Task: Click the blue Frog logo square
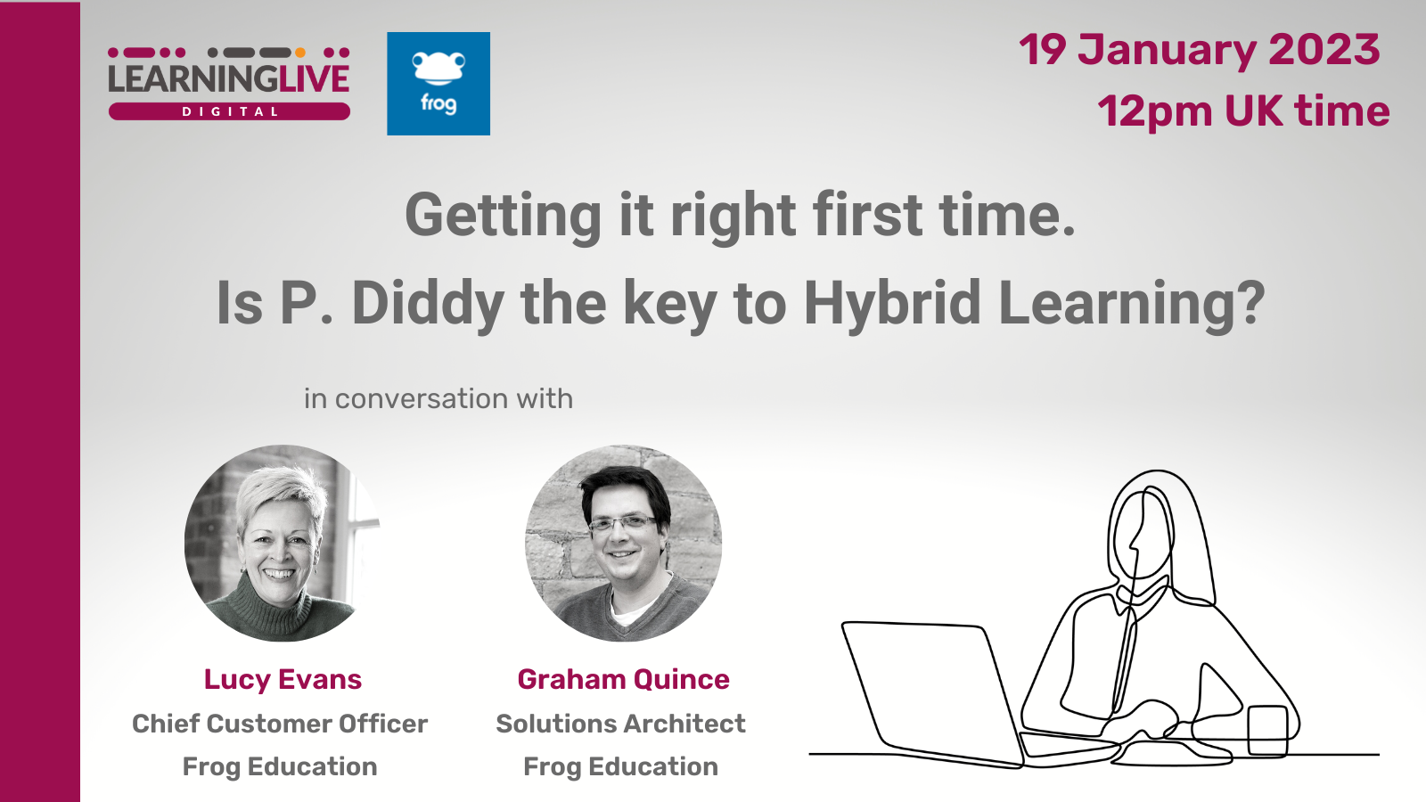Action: pyautogui.click(x=438, y=84)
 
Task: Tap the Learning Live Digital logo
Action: pyautogui.click(x=229, y=84)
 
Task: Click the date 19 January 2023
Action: pyautogui.click(x=1200, y=50)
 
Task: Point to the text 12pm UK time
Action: pyautogui.click(x=1243, y=111)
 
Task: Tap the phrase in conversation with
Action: pyautogui.click(x=438, y=399)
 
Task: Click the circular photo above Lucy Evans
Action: pyautogui.click(x=283, y=543)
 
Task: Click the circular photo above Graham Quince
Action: pyautogui.click(x=623, y=543)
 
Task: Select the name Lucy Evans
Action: pyautogui.click(x=283, y=680)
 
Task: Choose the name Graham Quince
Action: pyautogui.click(x=623, y=680)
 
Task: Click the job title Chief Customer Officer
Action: pyautogui.click(x=280, y=724)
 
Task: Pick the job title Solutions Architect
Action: pyautogui.click(x=620, y=724)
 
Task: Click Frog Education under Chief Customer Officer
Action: pyautogui.click(x=280, y=767)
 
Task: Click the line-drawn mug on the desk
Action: pyautogui.click(x=1267, y=731)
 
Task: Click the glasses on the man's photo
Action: pyautogui.click(x=622, y=524)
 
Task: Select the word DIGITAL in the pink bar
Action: pyautogui.click(x=230, y=112)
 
